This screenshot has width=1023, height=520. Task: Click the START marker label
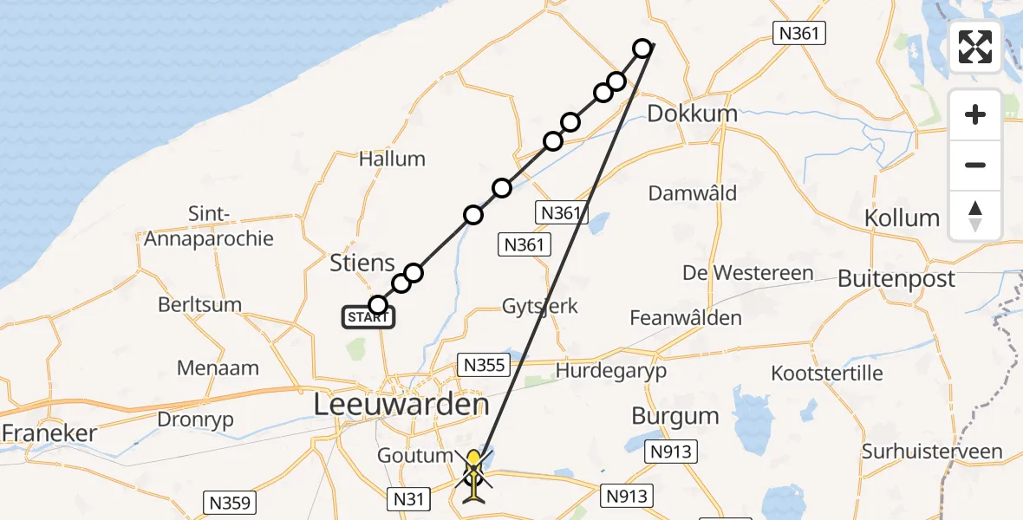(369, 317)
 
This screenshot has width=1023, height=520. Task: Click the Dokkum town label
(692, 114)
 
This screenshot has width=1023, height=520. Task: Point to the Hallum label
(393, 159)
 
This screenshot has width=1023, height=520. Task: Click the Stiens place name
(362, 263)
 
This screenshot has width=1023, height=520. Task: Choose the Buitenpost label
(896, 278)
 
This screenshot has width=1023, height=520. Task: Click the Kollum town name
(902, 218)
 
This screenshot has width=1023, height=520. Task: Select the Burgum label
(675, 416)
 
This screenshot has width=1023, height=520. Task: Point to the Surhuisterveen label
(932, 452)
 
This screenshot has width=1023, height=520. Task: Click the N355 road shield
(484, 365)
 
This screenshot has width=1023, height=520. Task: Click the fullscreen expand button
(975, 47)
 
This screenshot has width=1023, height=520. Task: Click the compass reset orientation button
(975, 216)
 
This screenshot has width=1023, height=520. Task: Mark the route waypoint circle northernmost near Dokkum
(642, 49)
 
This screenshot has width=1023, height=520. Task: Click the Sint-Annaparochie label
(208, 225)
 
